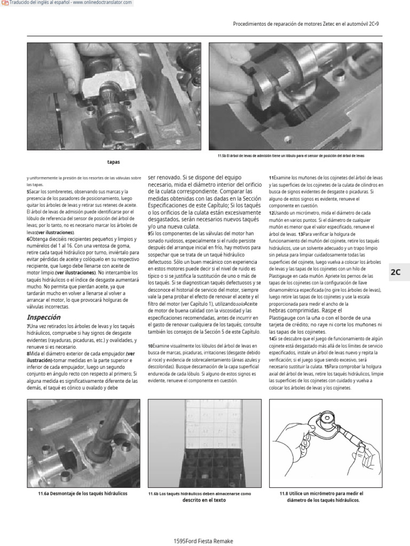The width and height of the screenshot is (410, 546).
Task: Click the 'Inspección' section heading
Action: click(43, 317)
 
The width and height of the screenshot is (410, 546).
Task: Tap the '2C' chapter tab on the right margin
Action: click(396, 272)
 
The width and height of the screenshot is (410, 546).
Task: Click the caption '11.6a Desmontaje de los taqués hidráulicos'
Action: click(83, 494)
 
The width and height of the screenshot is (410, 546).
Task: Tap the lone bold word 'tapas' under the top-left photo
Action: click(113, 162)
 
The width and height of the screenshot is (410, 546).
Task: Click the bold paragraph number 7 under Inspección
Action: click(28, 326)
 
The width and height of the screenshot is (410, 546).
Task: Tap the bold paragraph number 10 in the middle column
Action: click(151, 346)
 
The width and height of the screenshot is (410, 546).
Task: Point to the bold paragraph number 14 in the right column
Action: click(272, 339)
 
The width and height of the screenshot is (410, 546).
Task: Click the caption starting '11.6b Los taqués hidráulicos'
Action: click(200, 494)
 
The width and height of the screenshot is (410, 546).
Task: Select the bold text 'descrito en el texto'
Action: click(204, 501)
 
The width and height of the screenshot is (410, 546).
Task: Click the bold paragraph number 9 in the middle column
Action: click(149, 233)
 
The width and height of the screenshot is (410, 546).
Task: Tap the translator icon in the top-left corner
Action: click(5, 4)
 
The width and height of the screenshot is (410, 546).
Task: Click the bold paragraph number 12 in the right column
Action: click(272, 213)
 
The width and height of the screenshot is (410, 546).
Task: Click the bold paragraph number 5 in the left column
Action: click(28, 191)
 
